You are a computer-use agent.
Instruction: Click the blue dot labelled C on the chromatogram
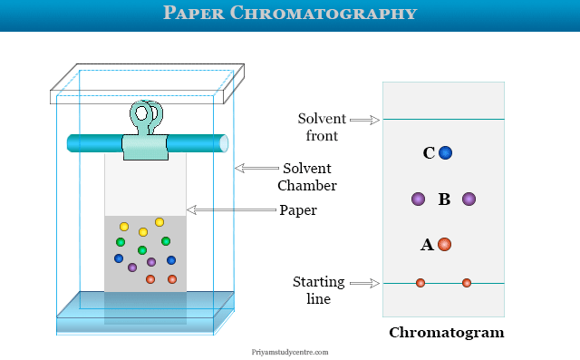coord(445,153)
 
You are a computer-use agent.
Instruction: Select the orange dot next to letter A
coord(444,245)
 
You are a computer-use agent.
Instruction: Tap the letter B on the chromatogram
coord(444,199)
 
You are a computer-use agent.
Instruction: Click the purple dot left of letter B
coord(418,199)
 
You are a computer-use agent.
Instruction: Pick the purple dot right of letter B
coord(469,199)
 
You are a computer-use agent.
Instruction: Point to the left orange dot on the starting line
coord(420,283)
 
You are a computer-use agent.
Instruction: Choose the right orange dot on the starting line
coord(467,283)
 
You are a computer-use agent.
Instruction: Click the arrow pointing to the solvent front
coord(364,120)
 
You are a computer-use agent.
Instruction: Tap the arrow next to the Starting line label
coord(364,284)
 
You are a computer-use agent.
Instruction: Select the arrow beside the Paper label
coord(231,209)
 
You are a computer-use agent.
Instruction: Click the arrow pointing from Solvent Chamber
coord(256,168)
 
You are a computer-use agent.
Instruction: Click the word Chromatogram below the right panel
coord(447,333)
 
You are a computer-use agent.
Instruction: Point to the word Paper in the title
coord(194,13)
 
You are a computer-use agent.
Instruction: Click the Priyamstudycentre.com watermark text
coord(290,352)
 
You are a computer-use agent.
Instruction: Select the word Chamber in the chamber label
coord(307,185)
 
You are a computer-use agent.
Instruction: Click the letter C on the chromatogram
coord(429,153)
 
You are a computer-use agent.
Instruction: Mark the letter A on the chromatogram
coord(427,245)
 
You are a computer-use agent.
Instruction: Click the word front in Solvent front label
coord(322,136)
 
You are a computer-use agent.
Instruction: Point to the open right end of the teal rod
coord(224,143)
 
